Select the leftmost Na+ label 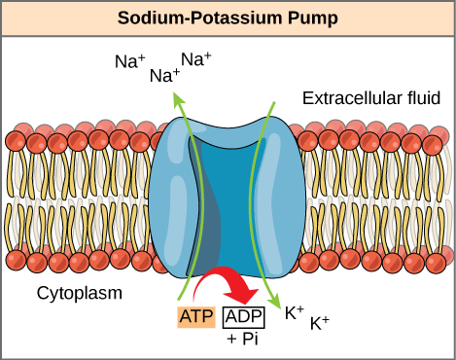tap(126, 61)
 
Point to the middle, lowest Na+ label tap(163, 74)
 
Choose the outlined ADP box tap(243, 317)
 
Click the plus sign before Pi tap(230, 339)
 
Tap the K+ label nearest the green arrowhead tap(296, 312)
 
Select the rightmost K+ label tap(320, 323)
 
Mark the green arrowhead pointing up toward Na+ tap(178, 96)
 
